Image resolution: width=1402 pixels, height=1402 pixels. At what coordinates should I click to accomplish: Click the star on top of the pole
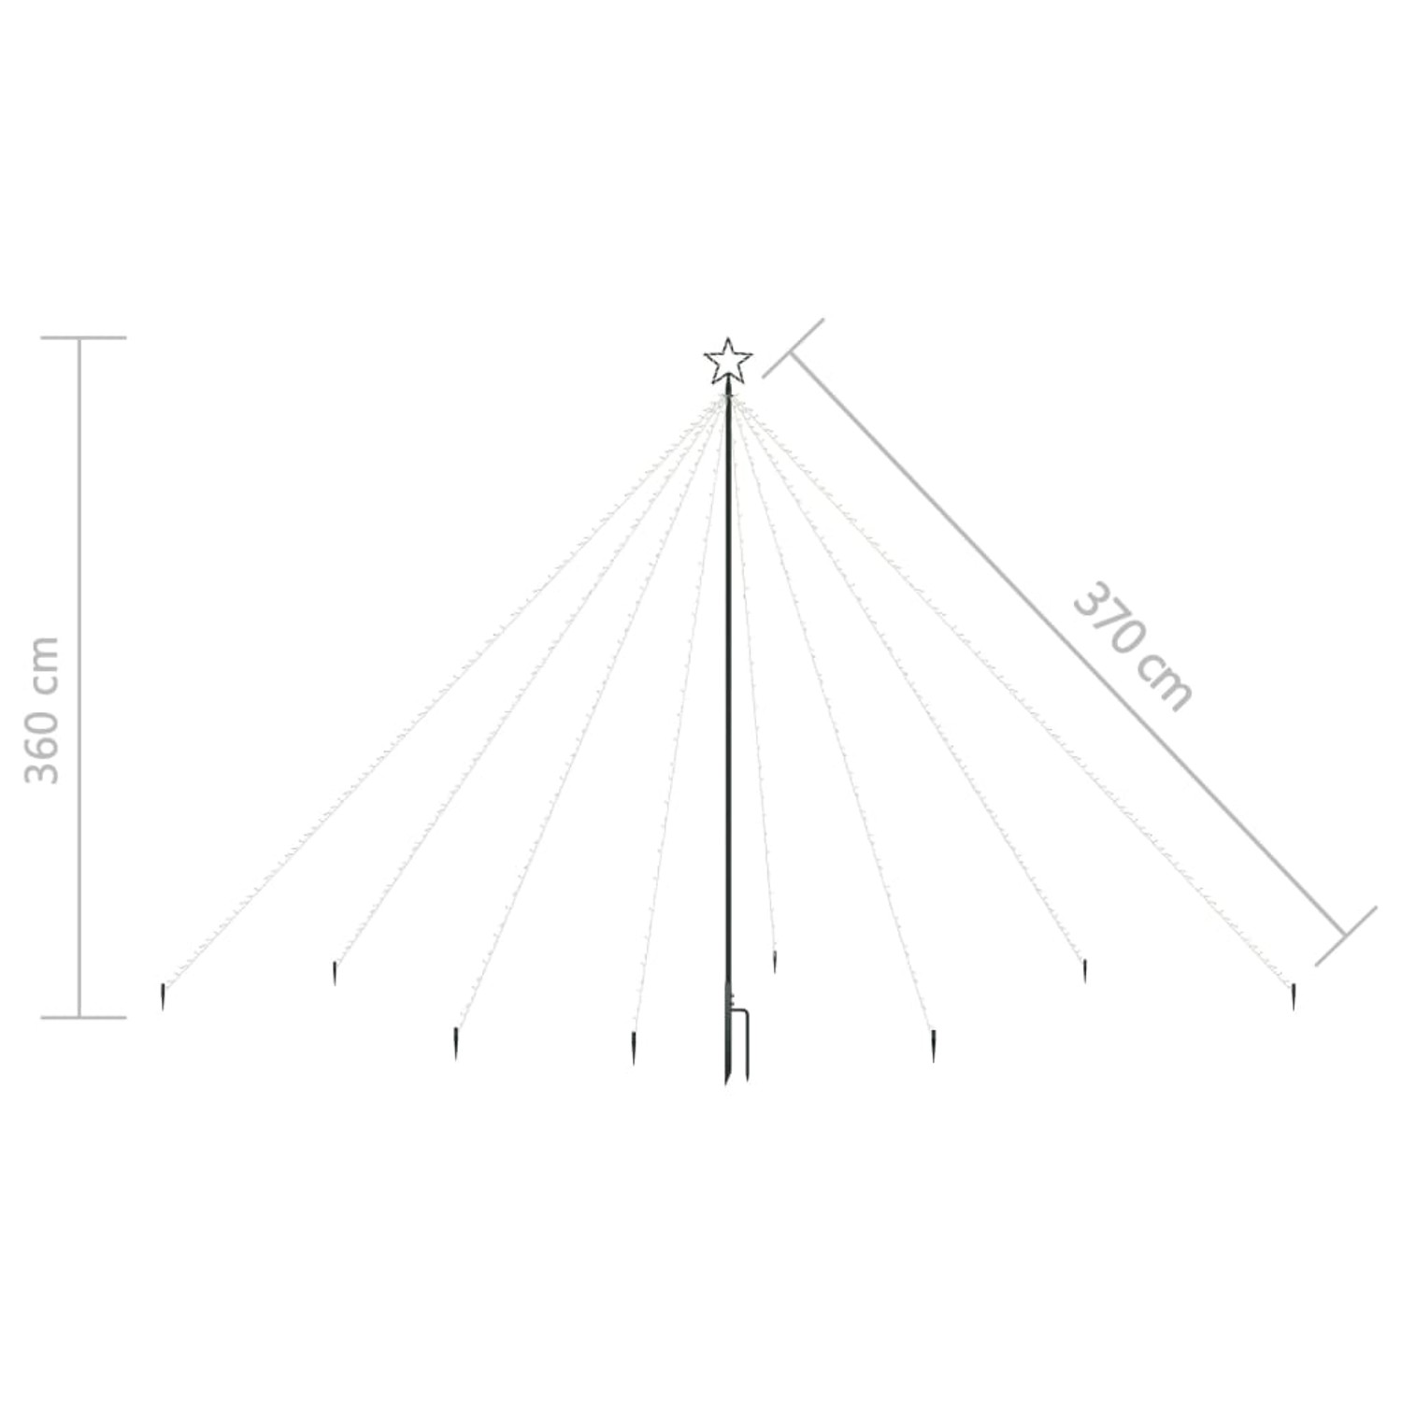728,362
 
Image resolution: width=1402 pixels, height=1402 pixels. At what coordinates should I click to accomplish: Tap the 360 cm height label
42,710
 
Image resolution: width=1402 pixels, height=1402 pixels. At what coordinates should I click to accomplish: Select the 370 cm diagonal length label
1132,646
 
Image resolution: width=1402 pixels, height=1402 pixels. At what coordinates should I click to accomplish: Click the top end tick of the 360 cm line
83,337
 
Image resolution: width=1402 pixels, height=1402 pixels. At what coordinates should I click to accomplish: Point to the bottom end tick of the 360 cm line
83,1016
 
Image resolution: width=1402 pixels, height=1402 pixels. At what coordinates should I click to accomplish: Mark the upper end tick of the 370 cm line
794,348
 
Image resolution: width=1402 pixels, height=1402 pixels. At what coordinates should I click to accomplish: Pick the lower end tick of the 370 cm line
1346,936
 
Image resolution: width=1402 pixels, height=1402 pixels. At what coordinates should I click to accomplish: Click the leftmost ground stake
163,996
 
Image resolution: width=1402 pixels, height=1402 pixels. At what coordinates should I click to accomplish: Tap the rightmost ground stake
1294,995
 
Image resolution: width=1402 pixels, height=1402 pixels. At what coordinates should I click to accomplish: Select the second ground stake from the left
334,973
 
